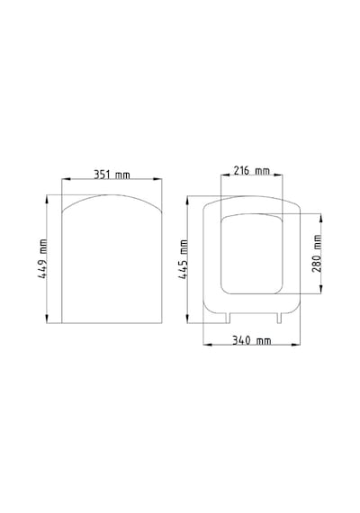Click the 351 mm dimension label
[112, 175]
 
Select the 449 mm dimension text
[42, 259]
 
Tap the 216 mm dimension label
[251, 170]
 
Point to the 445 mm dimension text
[183, 259]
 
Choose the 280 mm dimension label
[317, 253]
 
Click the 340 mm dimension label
[252, 340]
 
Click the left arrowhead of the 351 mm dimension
[66, 179]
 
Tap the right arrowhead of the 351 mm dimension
[157, 179]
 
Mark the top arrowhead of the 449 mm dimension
[47, 199]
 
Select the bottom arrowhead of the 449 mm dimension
[47, 319]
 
